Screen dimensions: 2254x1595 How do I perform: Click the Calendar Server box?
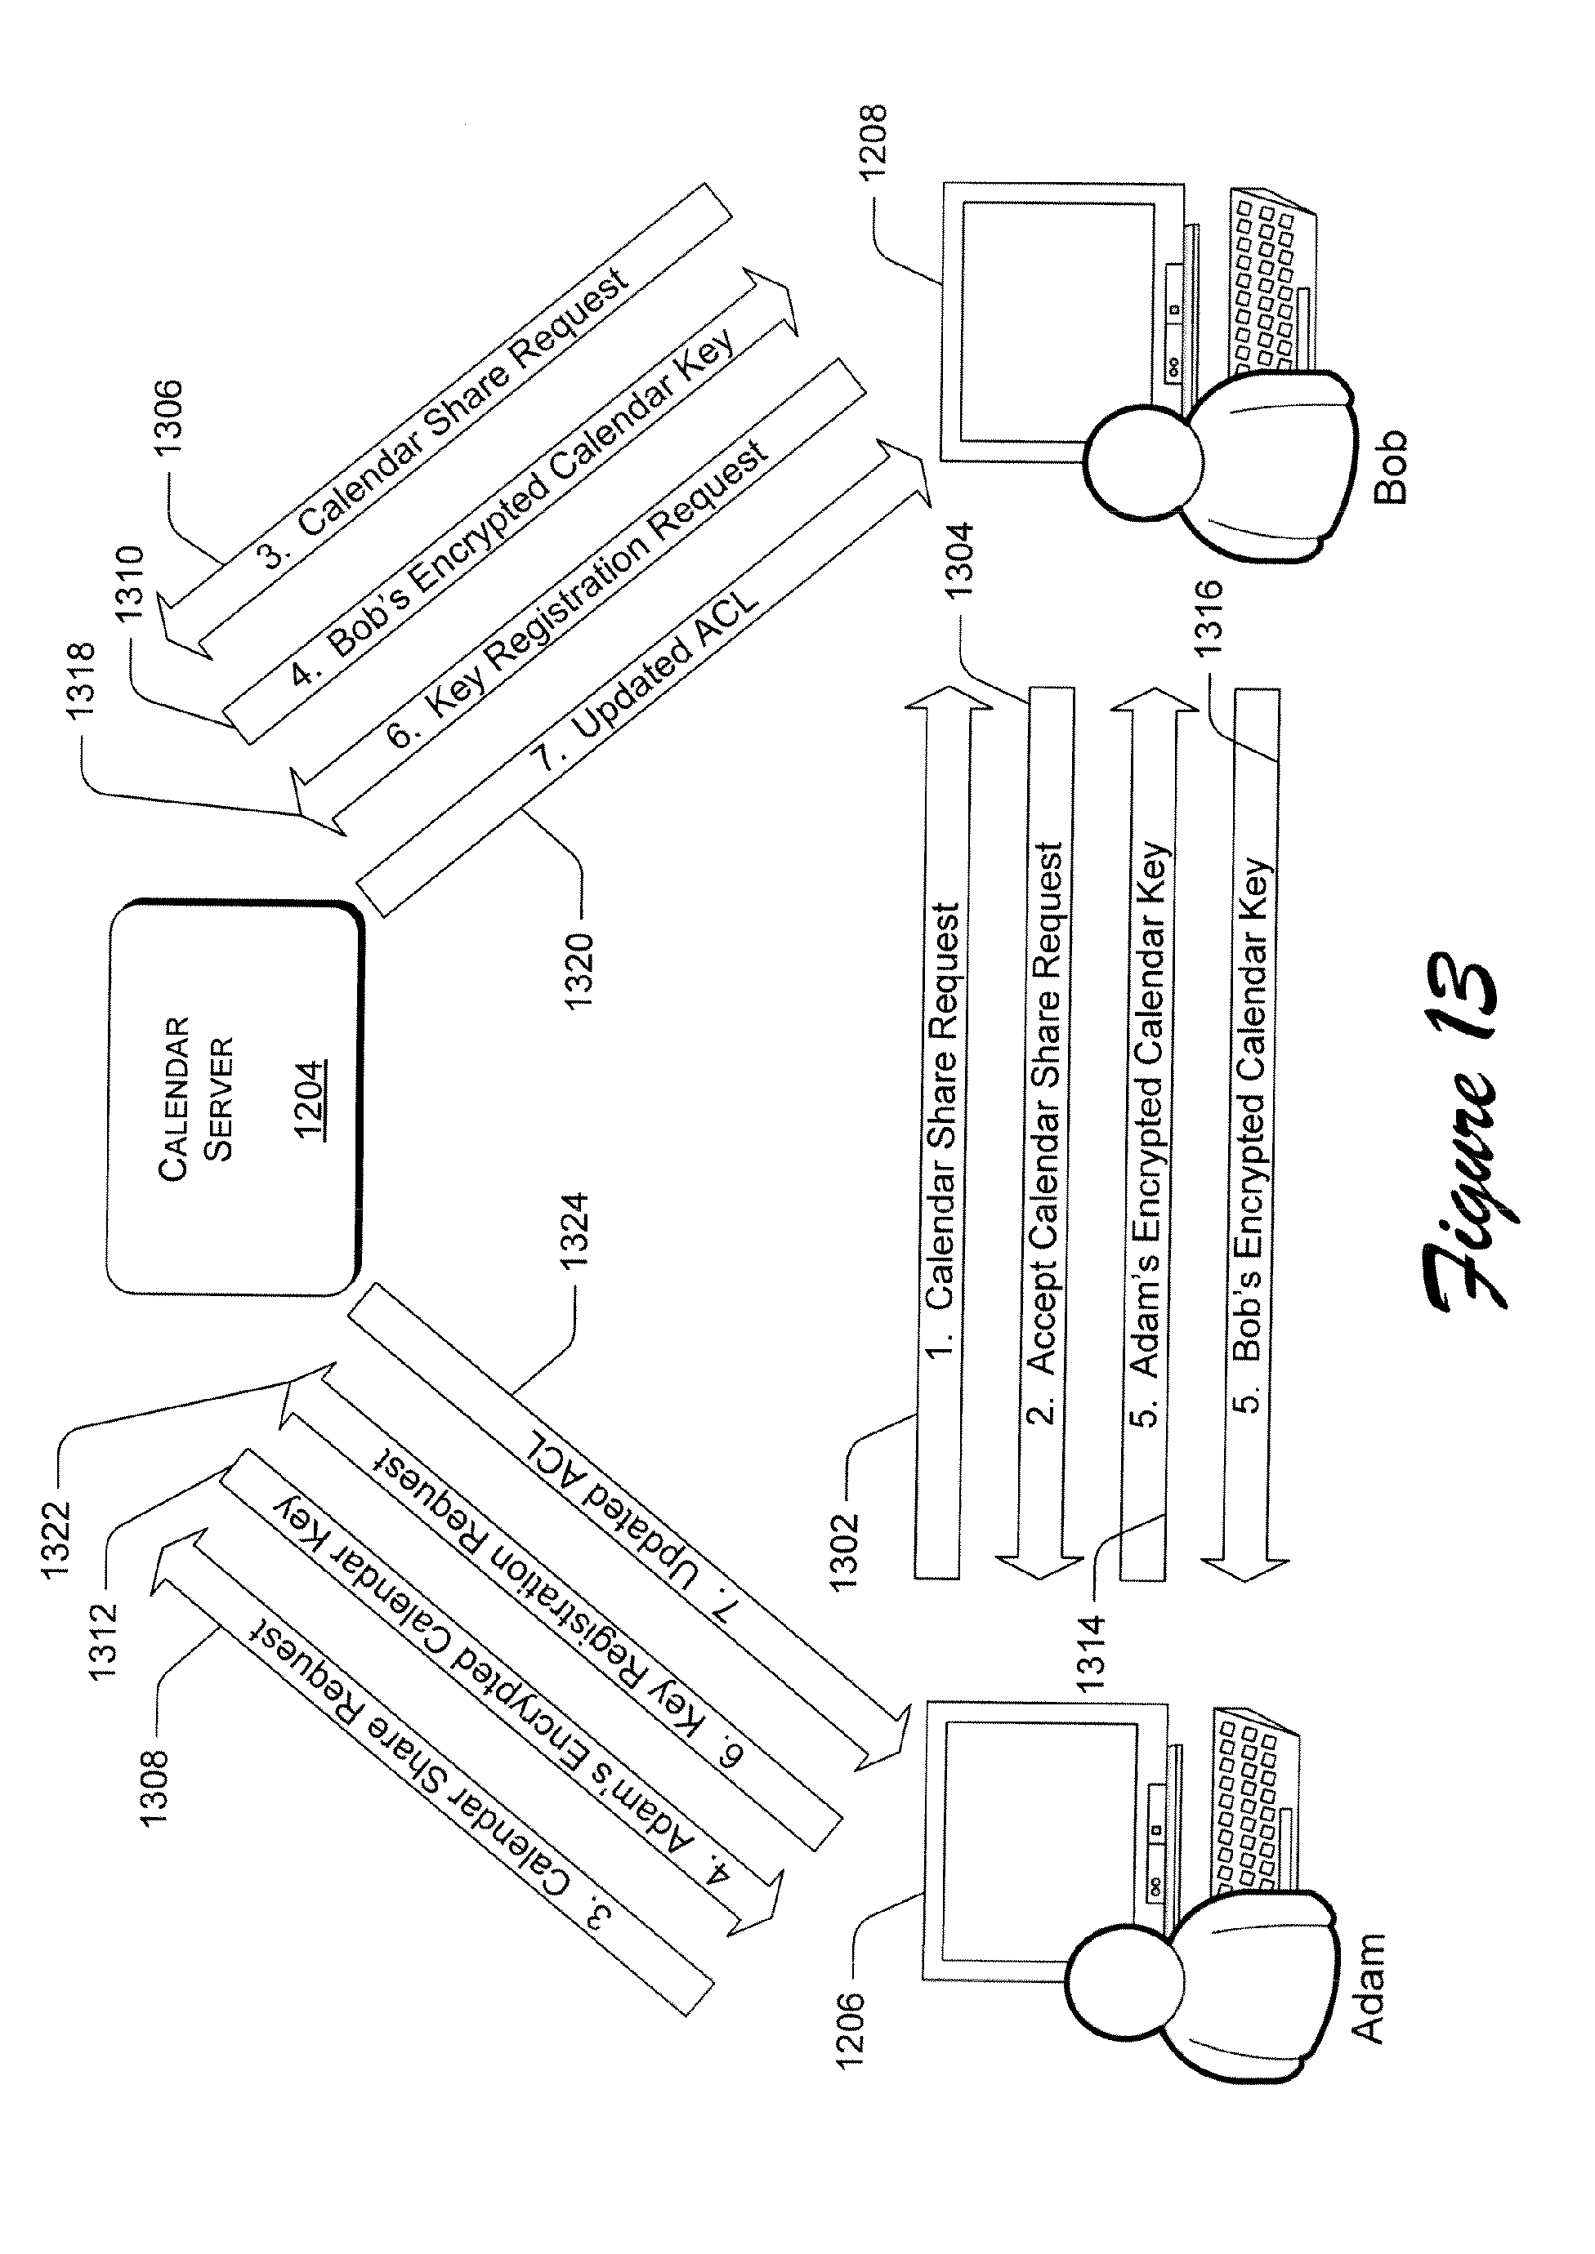point(234,1098)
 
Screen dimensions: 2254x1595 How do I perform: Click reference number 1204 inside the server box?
point(311,1099)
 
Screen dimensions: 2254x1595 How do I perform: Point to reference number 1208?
point(872,140)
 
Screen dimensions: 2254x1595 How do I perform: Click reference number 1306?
point(168,417)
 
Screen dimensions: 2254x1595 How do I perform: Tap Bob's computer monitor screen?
point(1056,322)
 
